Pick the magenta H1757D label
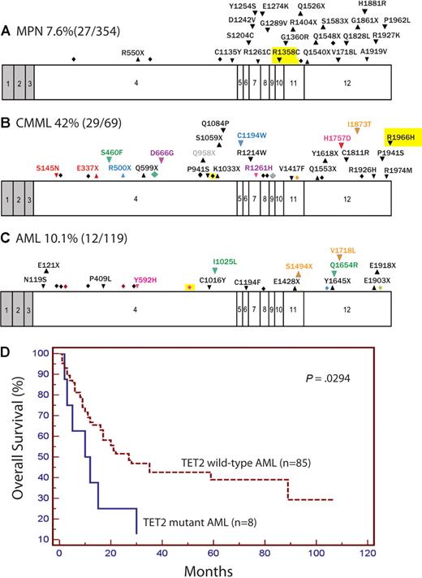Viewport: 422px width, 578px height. point(337,138)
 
